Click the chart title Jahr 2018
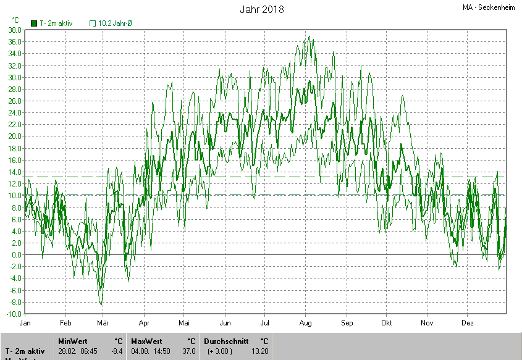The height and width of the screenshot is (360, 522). [261, 9]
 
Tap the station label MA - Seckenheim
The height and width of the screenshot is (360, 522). [489, 8]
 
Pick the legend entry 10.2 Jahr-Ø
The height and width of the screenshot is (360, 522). [115, 23]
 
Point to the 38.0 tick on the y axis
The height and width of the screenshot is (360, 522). [15, 30]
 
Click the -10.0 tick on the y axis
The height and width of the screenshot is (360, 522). [14, 314]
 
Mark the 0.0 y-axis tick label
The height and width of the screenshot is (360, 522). [17, 254]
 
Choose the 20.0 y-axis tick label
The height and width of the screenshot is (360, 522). [15, 136]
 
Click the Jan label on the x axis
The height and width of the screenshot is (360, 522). [25, 323]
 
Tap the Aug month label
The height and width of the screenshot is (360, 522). [306, 323]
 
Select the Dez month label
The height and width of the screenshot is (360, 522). [467, 323]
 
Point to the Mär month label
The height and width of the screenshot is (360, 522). [103, 323]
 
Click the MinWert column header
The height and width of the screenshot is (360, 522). [73, 341]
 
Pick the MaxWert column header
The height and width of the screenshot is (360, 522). [147, 341]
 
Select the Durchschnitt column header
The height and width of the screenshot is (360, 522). [225, 341]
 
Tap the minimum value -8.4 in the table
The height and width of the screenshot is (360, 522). [117, 351]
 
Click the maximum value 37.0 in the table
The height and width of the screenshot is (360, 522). [189, 351]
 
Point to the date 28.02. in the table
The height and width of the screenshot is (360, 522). [67, 351]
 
